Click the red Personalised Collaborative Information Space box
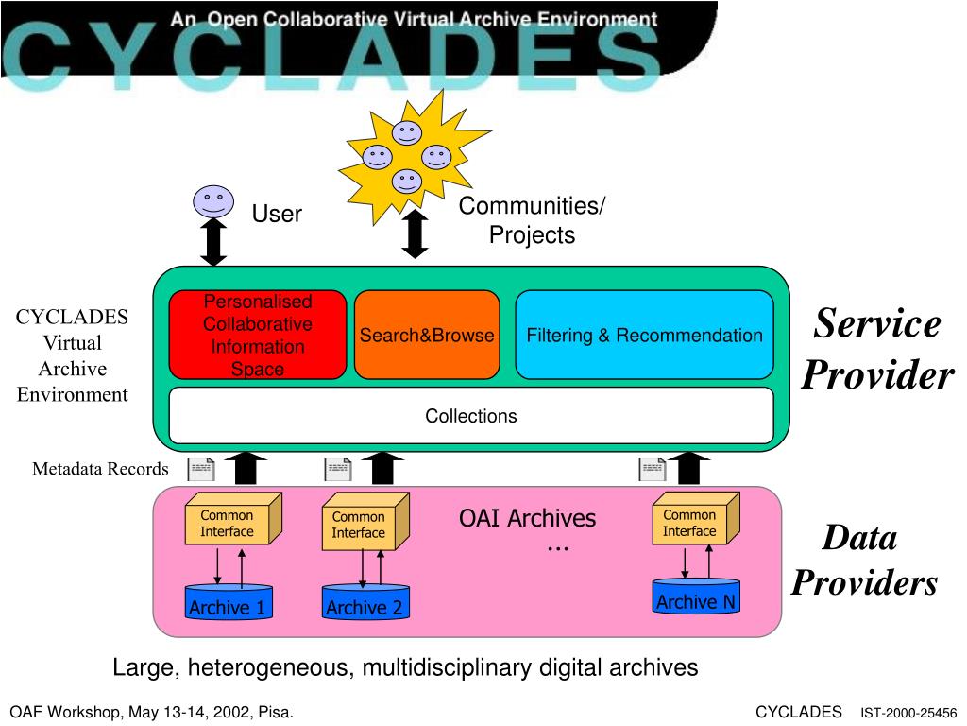257,335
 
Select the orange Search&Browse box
426,335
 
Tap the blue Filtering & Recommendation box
644,335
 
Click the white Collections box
470,416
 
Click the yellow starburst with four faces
411,151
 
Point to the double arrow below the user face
214,242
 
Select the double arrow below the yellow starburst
415,233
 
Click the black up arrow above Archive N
693,468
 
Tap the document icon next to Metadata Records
200,469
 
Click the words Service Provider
877,350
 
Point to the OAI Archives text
527,518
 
